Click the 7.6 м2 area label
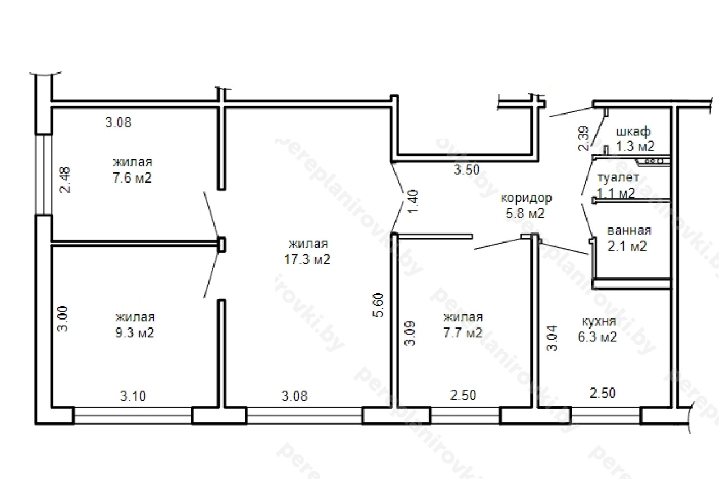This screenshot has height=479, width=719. pyautogui.click(x=132, y=178)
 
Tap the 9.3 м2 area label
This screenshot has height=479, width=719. pyautogui.click(x=135, y=333)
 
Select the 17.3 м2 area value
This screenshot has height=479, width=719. pyautogui.click(x=307, y=259)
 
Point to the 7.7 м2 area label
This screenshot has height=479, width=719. pyautogui.click(x=463, y=333)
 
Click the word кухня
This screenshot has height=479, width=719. pyautogui.click(x=599, y=321)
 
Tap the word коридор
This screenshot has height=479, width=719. pyautogui.click(x=526, y=198)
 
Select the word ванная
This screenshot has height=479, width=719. pyautogui.click(x=629, y=231)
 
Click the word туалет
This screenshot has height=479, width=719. pyautogui.click(x=618, y=177)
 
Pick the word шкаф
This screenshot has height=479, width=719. pyautogui.click(x=633, y=131)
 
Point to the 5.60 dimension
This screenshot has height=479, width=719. pyautogui.click(x=379, y=305)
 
